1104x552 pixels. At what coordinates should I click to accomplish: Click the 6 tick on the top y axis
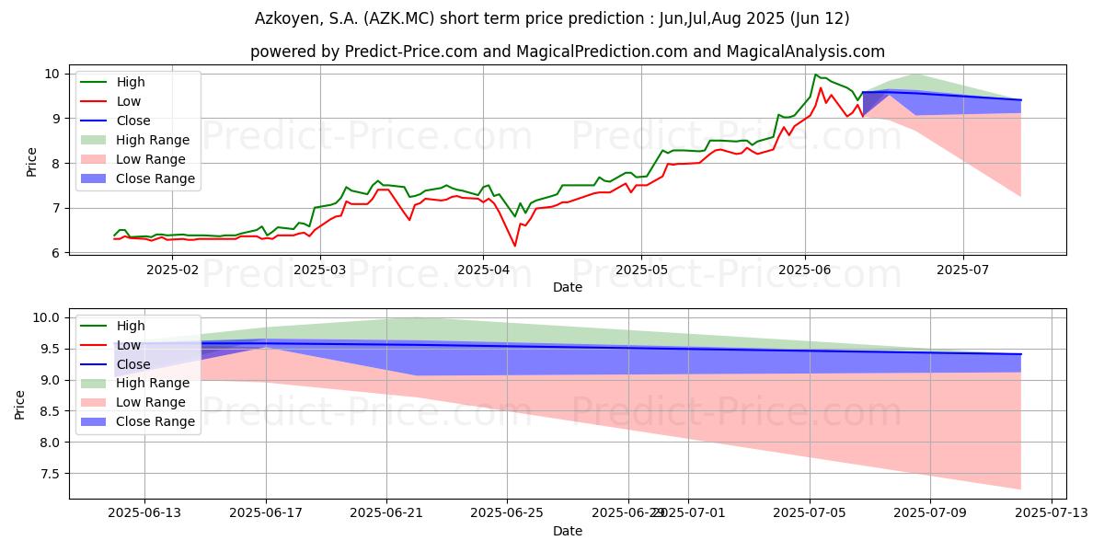55,253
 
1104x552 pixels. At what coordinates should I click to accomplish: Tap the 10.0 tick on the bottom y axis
45,317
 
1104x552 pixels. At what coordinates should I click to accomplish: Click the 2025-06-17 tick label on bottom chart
266,513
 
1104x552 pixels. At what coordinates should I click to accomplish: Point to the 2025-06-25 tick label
507,513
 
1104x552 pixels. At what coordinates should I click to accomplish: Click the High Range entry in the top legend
153,140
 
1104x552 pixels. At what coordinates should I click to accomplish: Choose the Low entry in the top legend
129,101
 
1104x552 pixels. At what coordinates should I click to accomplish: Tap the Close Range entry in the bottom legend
155,421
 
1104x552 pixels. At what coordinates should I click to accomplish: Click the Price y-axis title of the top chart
31,163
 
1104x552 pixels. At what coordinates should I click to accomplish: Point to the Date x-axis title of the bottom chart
568,531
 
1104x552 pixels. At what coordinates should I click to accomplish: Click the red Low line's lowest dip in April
515,246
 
